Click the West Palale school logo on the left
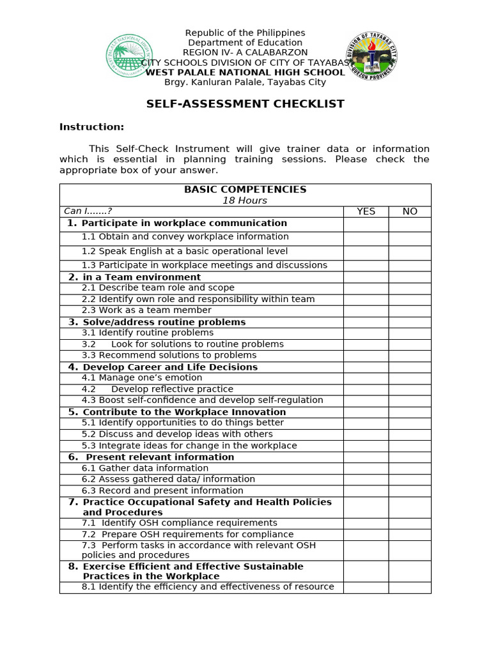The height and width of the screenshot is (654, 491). click(x=129, y=57)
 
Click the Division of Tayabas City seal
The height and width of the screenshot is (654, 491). click(x=371, y=56)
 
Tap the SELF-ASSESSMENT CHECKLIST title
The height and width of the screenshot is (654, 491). click(x=245, y=104)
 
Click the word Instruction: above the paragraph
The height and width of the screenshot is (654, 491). click(x=91, y=126)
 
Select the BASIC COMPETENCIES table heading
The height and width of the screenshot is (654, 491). click(x=245, y=190)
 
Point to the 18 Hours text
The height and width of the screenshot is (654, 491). click(x=245, y=201)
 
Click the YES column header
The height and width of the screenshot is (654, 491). click(x=366, y=211)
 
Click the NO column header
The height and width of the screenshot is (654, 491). click(x=410, y=211)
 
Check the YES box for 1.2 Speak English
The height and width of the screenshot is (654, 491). click(x=366, y=252)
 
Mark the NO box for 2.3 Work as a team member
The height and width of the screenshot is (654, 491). click(x=410, y=310)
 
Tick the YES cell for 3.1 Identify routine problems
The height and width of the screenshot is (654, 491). click(x=366, y=333)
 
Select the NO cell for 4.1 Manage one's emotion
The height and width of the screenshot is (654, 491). click(x=410, y=378)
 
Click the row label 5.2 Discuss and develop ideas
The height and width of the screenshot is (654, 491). click(x=177, y=434)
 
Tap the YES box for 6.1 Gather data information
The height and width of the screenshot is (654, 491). click(x=366, y=468)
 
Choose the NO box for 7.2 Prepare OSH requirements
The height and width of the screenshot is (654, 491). click(x=410, y=535)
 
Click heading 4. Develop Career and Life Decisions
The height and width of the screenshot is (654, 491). click(x=163, y=367)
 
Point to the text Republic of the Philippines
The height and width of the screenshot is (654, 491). click(x=245, y=33)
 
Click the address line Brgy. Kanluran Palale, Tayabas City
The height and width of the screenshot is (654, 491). click(x=245, y=82)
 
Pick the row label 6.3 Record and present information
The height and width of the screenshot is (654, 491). click(x=162, y=490)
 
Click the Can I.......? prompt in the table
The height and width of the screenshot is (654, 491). click(x=88, y=211)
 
